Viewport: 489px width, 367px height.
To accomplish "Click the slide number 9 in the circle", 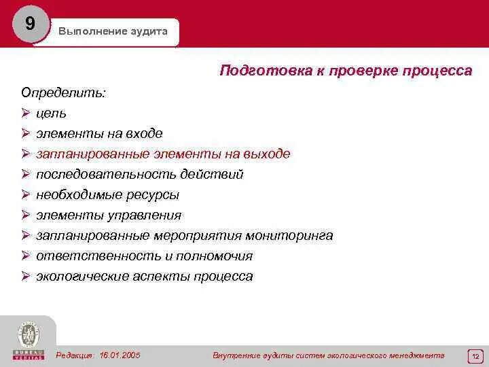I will click(x=30, y=24).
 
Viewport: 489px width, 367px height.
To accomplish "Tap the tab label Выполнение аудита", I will click(x=113, y=32).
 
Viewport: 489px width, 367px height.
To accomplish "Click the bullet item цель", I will click(x=51, y=113).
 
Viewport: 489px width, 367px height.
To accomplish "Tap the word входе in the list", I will click(x=144, y=133).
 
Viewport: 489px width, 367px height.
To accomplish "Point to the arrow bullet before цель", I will click(x=25, y=113).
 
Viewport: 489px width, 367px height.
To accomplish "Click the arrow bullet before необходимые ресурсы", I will click(x=25, y=194).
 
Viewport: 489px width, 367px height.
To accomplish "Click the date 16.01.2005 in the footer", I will click(x=120, y=355).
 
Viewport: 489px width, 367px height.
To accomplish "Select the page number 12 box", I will click(x=475, y=356).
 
